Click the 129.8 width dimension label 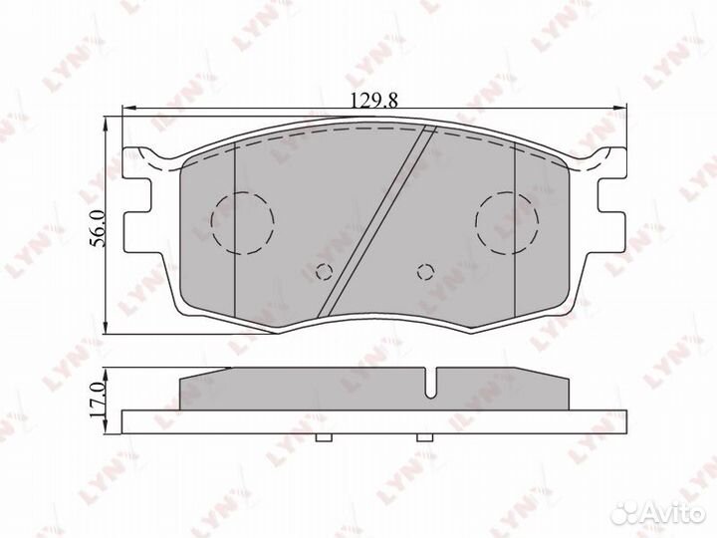pos(374,100)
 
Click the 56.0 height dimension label pos(98,228)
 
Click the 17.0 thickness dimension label pos(98,400)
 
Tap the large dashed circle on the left pos(243,191)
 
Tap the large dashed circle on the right pos(507,191)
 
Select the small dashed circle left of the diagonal pos(325,264)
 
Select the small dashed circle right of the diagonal pos(425,264)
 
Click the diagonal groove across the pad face pos(376,221)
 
